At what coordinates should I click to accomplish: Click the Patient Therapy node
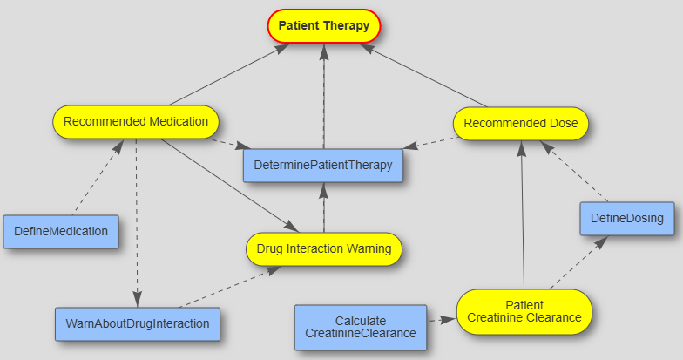(323, 26)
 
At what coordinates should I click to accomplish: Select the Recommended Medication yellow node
(135, 122)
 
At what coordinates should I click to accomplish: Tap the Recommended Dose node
(520, 123)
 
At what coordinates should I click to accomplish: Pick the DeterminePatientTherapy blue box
(323, 164)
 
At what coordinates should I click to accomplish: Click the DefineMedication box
(61, 231)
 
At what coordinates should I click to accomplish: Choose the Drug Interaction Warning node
(323, 248)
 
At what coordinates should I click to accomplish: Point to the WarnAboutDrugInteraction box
(137, 323)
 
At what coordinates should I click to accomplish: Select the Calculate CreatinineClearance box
(360, 327)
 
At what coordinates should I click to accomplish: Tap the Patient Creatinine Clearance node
(524, 311)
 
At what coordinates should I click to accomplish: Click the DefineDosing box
(627, 218)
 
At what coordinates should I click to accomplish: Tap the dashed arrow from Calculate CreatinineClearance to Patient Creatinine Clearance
(442, 321)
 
